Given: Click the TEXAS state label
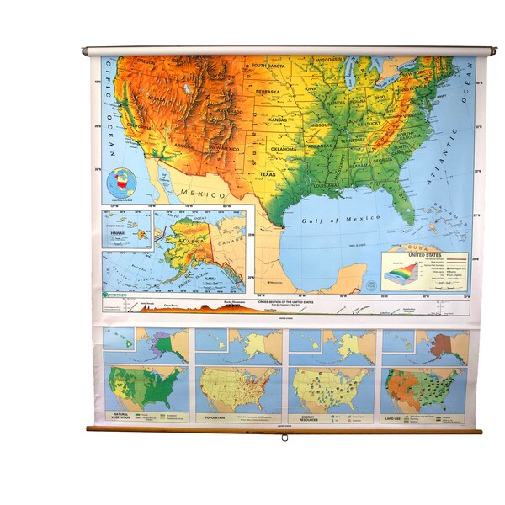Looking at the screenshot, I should tap(266, 174).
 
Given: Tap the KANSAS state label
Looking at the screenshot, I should tap(277, 120).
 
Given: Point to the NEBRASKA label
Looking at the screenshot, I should tap(268, 92).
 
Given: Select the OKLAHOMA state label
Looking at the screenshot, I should tap(283, 149).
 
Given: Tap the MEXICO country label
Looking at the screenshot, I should tap(202, 193).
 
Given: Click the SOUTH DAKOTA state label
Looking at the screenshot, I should tap(269, 65).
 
